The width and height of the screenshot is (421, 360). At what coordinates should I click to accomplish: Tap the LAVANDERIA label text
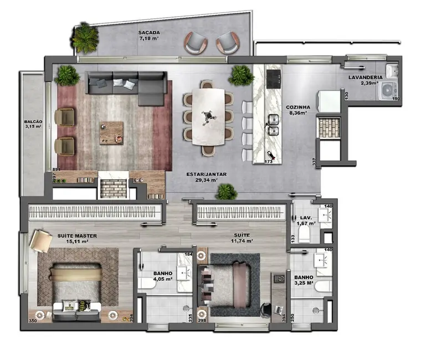pyautogui.click(x=364, y=77)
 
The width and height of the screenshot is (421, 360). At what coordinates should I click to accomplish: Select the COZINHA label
pyautogui.click(x=297, y=107)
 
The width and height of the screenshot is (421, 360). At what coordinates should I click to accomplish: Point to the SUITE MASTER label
pyautogui.click(x=77, y=235)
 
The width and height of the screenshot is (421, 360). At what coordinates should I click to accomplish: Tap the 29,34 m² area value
pyautogui.click(x=205, y=180)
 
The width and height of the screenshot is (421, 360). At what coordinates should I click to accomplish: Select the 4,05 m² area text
pyautogui.click(x=163, y=280)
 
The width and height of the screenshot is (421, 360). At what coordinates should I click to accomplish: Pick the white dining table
pyautogui.click(x=209, y=116)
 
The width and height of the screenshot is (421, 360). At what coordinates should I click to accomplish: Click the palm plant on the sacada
pyautogui.click(x=85, y=38)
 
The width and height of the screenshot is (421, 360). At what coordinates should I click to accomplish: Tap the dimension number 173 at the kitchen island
pyautogui.click(x=269, y=162)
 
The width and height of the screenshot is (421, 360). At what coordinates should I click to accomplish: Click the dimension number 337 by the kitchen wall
pyautogui.click(x=314, y=162)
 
